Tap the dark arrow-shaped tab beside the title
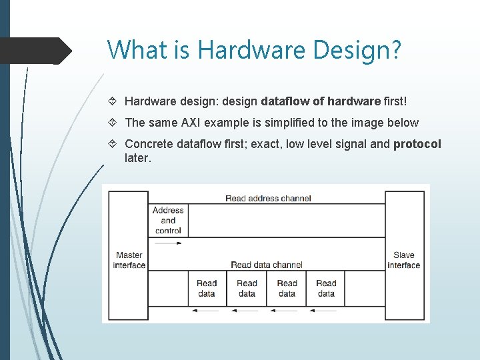pos(36,51)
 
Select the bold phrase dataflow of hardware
pos(321,101)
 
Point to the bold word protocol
pos(417,144)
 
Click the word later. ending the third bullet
pos(138,158)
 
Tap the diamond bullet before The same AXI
pos(113,123)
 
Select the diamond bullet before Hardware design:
pos(113,101)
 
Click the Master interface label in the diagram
pos(129,260)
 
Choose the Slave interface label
pos(403,260)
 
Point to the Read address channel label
pos(268,198)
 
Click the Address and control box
pos(168,220)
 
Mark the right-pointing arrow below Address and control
pos(167,244)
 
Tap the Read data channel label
pos(267,265)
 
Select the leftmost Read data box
pos(207,288)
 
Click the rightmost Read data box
pos(326,288)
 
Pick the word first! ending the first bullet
pos(395,101)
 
